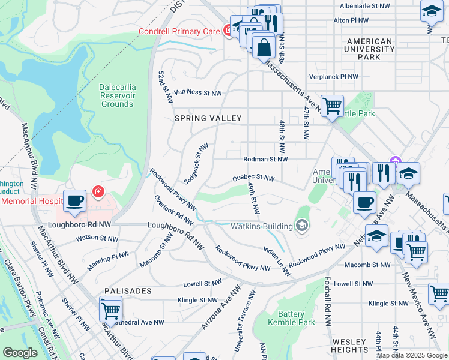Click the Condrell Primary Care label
coord(179,31)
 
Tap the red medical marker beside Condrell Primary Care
coord(228,29)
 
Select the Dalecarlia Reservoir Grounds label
coord(117,95)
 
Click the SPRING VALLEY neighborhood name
coord(207,119)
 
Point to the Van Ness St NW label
coord(197,93)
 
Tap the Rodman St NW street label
coord(265,160)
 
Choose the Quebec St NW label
coord(253,178)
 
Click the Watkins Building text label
coord(261,226)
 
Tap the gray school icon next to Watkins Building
coord(302,226)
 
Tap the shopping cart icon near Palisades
coord(110,311)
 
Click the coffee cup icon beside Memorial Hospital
coord(75,201)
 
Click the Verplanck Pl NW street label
coord(333,77)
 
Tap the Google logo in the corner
coord(20,353)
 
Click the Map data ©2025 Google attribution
coord(412,355)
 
